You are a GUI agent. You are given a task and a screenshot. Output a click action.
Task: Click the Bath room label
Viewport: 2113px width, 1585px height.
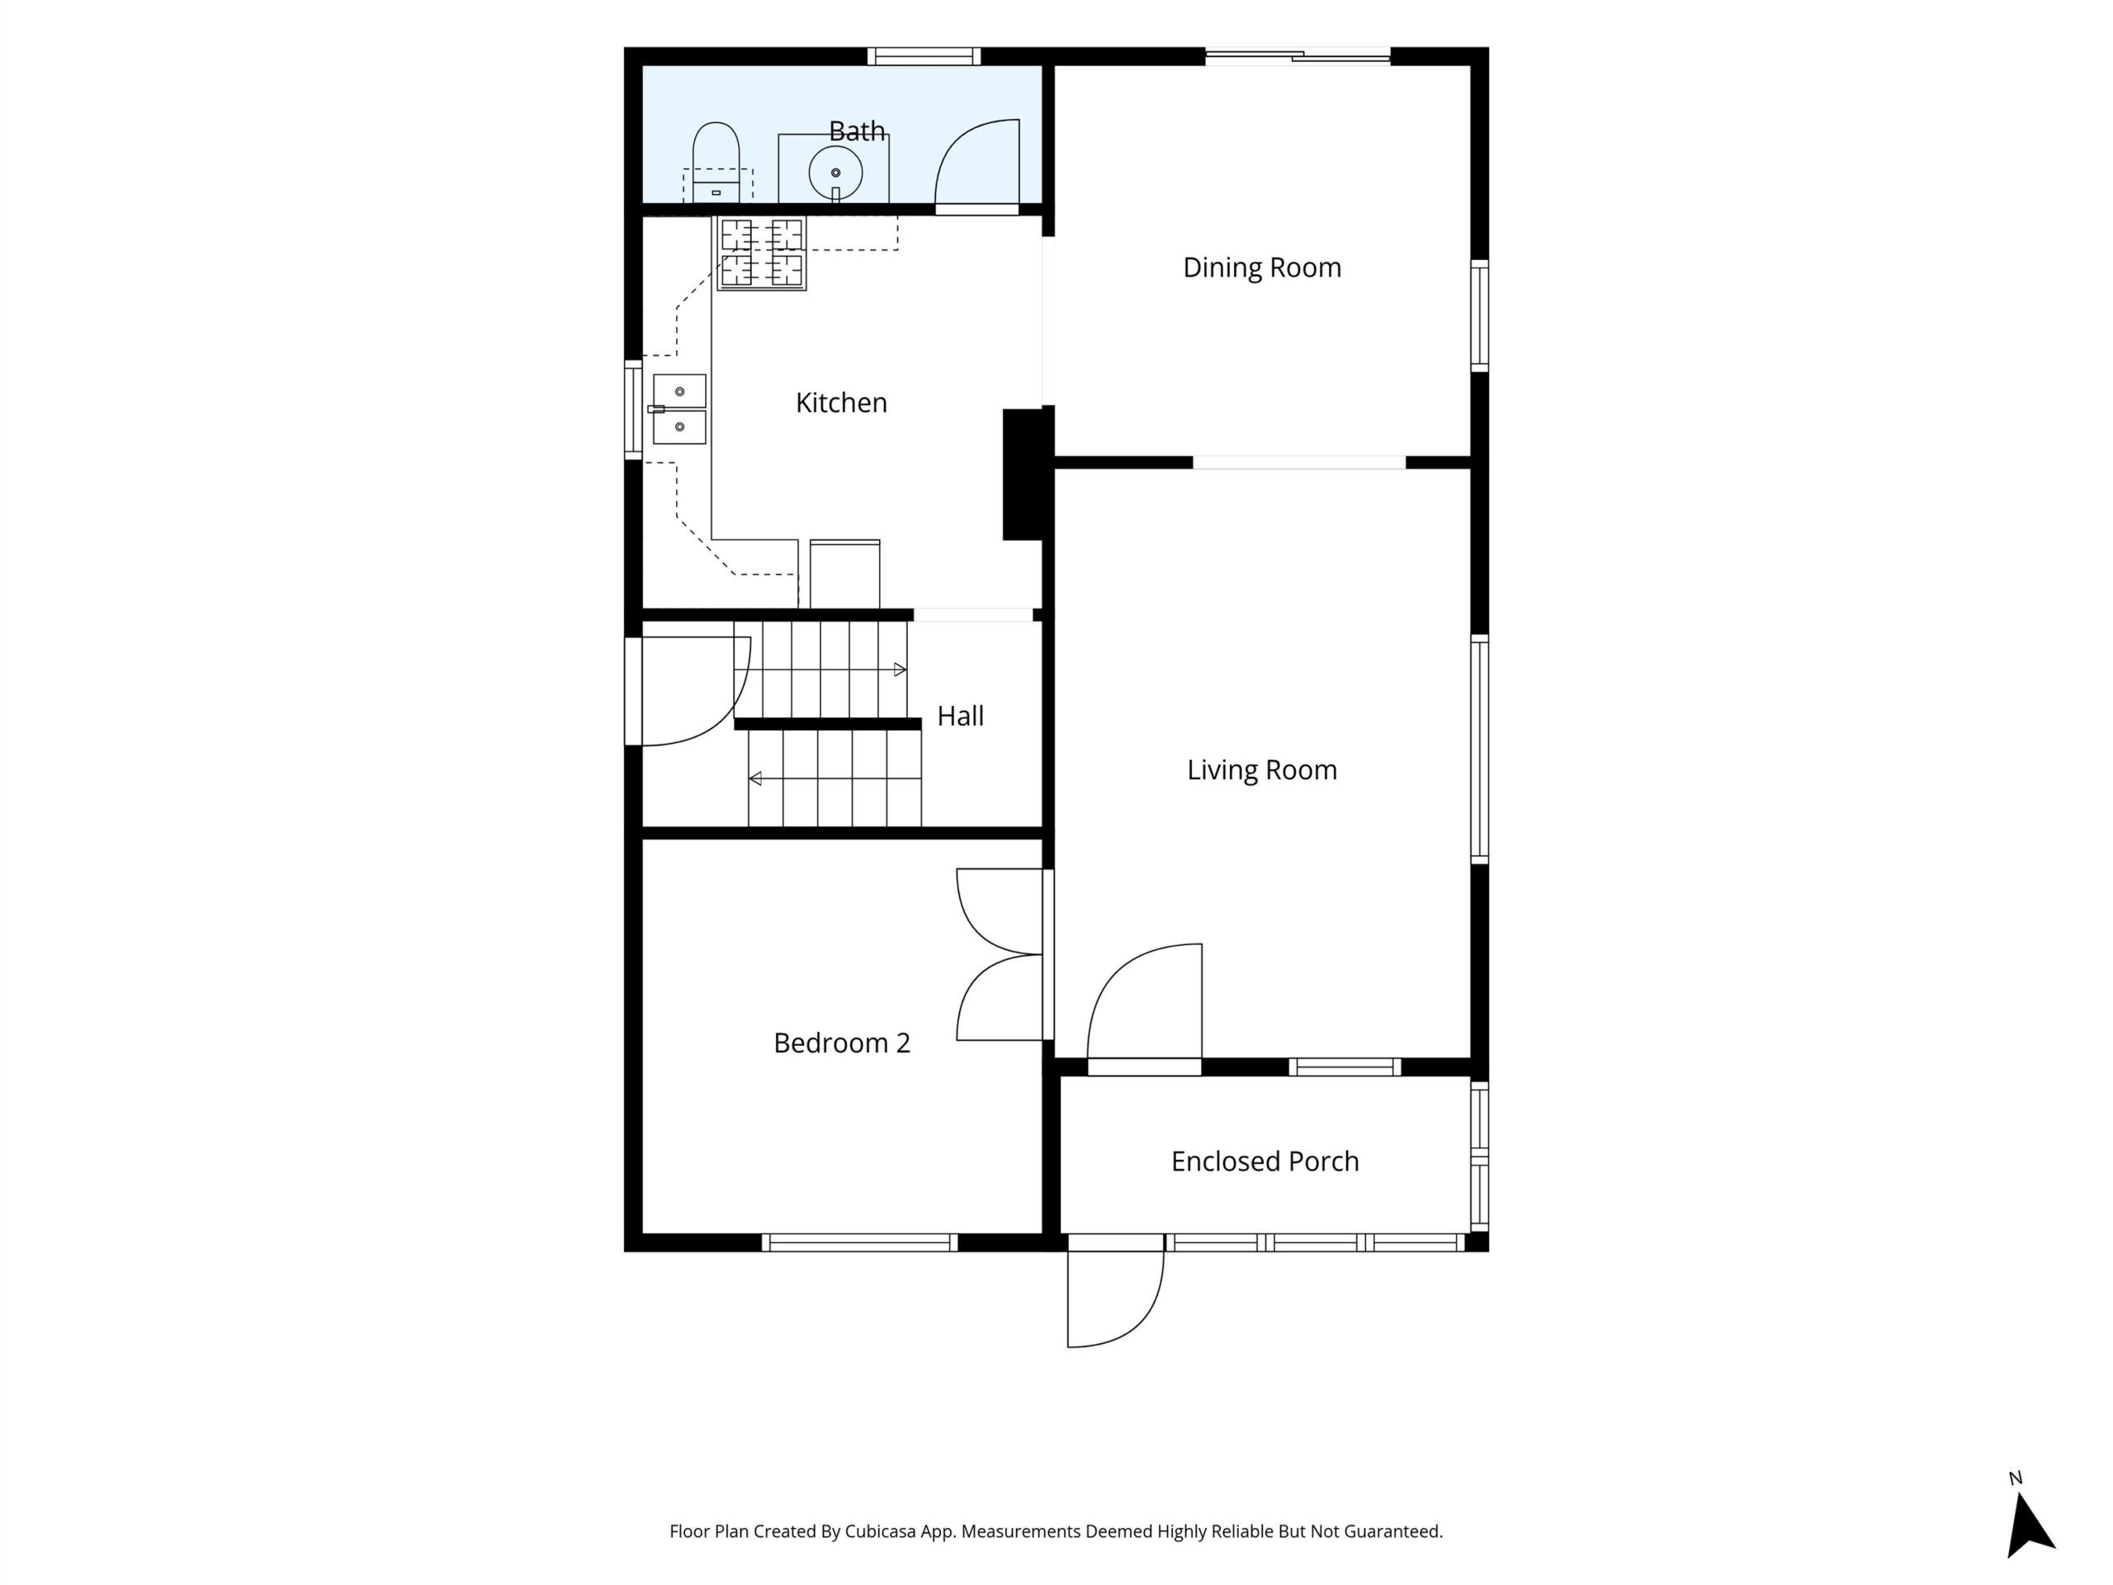point(856,131)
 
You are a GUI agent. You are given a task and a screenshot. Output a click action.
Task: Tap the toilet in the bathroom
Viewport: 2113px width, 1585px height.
point(716,162)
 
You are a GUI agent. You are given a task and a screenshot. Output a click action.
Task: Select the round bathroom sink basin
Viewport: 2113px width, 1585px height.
point(835,173)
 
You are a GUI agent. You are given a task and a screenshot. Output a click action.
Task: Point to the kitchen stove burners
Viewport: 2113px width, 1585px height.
point(761,253)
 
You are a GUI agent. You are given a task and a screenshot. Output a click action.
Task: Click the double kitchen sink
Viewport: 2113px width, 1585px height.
point(679,409)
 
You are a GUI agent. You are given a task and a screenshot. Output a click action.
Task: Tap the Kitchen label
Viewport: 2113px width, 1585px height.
point(840,402)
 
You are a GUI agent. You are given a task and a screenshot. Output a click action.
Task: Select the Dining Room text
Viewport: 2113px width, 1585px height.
point(1261,267)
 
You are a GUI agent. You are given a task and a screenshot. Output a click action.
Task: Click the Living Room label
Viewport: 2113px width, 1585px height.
point(1261,770)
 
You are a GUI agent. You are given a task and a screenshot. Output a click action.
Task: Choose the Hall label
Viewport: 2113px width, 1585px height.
point(960,716)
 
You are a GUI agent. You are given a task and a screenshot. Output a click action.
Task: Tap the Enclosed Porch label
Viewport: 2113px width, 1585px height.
point(1264,1161)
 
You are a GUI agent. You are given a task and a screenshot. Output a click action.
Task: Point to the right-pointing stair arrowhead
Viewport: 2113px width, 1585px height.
point(900,669)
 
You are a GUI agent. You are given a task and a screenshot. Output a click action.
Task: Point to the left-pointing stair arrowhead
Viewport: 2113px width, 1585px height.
point(754,778)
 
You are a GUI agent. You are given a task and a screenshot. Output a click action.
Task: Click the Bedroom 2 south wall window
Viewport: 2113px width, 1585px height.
point(858,1242)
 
